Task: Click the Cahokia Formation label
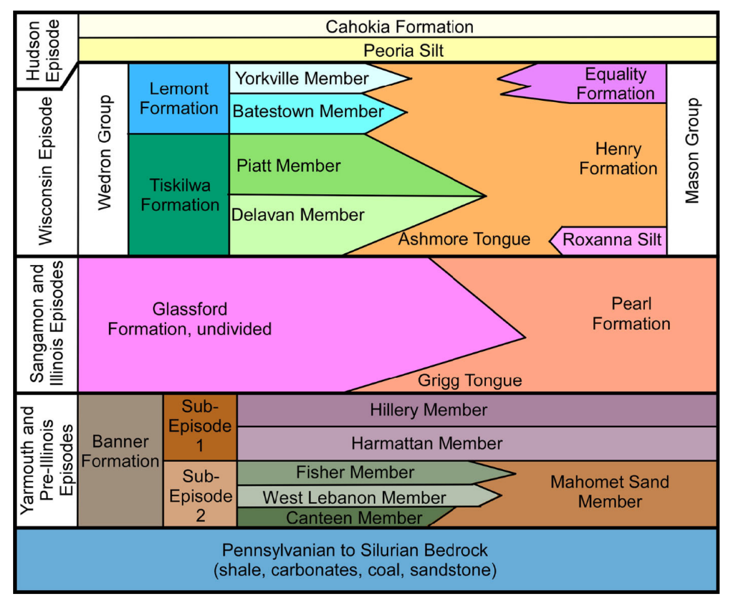399,27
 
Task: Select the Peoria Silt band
403,51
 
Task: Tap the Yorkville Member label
302,78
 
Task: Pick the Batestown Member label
308,111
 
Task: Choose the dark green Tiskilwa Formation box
179,195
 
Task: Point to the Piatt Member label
288,165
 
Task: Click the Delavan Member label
297,215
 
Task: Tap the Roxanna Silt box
611,240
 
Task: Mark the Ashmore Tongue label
464,239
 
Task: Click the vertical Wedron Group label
104,153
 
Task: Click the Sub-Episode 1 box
200,426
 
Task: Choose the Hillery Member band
428,410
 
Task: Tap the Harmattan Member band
426,443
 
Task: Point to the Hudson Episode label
42,50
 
